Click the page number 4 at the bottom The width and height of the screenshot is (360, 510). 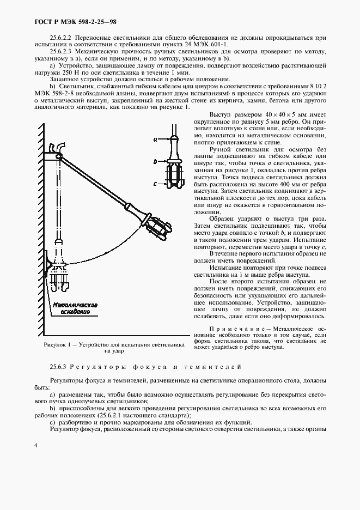click(35, 446)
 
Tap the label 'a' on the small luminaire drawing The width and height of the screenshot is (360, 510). click(155, 139)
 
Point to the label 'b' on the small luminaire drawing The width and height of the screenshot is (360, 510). click(155, 162)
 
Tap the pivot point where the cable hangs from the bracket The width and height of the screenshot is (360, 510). click(58, 157)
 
